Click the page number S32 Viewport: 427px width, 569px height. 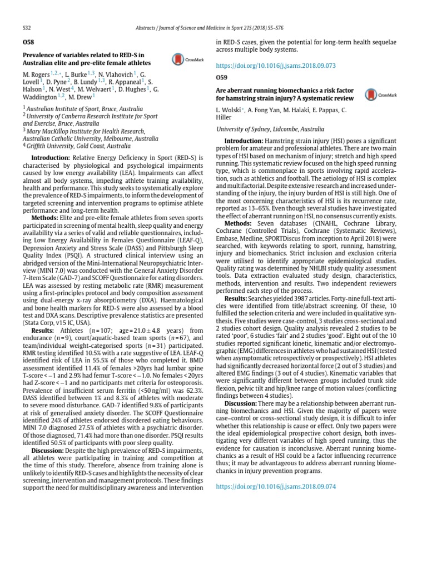click(26, 27)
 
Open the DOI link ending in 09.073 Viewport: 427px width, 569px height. click(276, 66)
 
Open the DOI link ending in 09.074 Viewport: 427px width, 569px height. click(276, 486)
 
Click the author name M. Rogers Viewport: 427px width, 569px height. click(36, 74)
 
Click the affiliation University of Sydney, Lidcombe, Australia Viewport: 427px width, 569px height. click(270, 128)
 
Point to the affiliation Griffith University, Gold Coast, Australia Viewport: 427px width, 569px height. click(79, 146)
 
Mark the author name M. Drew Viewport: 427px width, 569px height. click(81, 96)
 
